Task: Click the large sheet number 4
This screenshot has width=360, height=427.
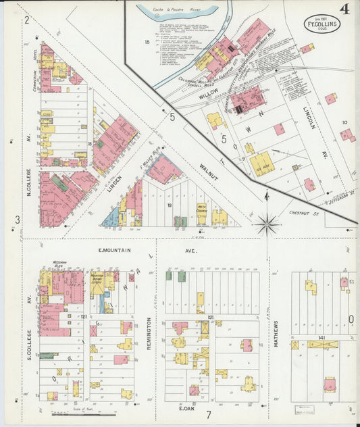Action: pyautogui.click(x=344, y=9)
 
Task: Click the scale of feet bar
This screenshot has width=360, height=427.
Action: pyautogui.click(x=97, y=413)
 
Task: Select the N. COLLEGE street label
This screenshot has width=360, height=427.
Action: pyautogui.click(x=30, y=184)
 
